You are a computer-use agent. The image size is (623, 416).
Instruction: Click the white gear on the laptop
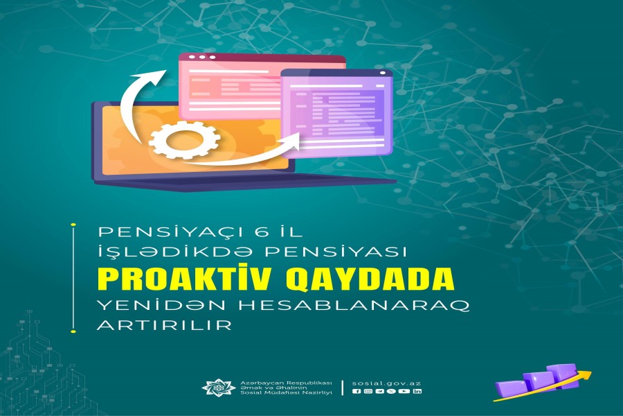(x=185, y=140)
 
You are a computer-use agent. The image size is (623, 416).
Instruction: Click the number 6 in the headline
(x=262, y=232)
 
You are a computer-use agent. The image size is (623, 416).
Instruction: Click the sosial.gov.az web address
(x=386, y=383)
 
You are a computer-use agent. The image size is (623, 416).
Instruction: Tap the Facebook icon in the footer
(x=356, y=391)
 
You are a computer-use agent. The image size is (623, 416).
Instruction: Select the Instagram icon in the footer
(x=368, y=391)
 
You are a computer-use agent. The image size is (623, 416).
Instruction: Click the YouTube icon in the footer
(x=404, y=391)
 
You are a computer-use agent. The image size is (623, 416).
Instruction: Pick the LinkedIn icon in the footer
(x=417, y=391)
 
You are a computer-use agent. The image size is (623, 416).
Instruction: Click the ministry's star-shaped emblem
(x=218, y=388)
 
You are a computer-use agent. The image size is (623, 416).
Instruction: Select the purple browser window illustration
(x=336, y=112)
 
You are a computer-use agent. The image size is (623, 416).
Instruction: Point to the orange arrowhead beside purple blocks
(x=585, y=375)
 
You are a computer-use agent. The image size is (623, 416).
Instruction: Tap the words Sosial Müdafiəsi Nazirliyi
(x=286, y=392)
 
